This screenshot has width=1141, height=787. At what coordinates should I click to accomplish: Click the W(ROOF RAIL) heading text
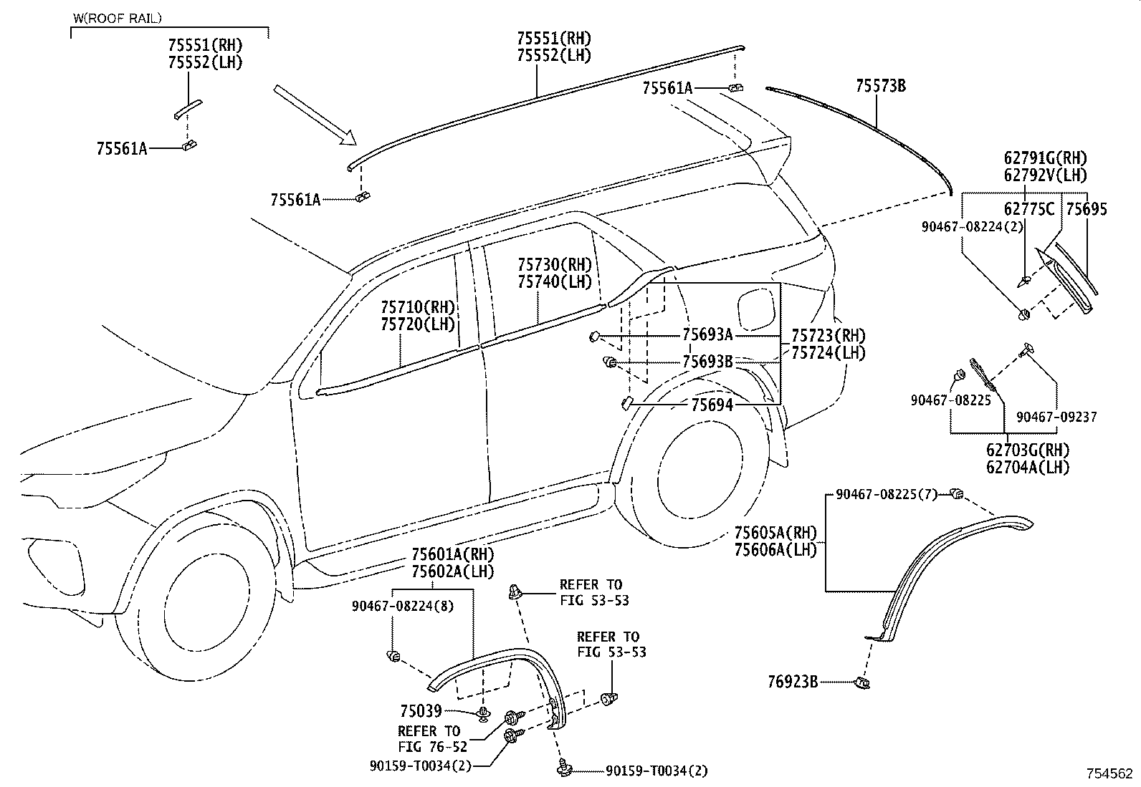(118, 19)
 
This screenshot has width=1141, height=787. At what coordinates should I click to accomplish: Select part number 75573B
(881, 86)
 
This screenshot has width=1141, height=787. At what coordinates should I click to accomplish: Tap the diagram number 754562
(1109, 774)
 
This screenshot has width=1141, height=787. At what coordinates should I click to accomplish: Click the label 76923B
(793, 682)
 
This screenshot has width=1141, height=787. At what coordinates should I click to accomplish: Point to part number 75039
(421, 710)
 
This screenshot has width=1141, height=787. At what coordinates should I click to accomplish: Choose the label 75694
(712, 405)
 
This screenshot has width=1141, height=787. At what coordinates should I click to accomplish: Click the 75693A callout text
(707, 334)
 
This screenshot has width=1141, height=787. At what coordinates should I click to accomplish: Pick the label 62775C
(1029, 208)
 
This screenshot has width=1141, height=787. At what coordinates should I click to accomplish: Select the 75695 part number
(1087, 208)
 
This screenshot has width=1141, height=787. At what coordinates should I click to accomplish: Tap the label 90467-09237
(1056, 417)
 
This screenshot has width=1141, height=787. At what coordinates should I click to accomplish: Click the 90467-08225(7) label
(887, 494)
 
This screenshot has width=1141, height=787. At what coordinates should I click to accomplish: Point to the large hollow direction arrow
(315, 115)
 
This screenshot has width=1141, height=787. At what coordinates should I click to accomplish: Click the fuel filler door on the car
(756, 309)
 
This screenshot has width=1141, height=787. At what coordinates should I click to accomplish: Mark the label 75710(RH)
(418, 307)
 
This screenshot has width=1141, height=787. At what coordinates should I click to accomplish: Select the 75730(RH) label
(555, 265)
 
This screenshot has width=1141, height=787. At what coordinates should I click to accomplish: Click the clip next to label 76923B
(862, 682)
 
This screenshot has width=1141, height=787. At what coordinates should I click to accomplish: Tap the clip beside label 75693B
(610, 362)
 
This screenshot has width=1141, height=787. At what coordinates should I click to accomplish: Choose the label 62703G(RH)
(1028, 450)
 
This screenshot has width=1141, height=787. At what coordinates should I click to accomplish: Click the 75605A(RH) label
(775, 533)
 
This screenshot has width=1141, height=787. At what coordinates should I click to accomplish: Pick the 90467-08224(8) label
(402, 607)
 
